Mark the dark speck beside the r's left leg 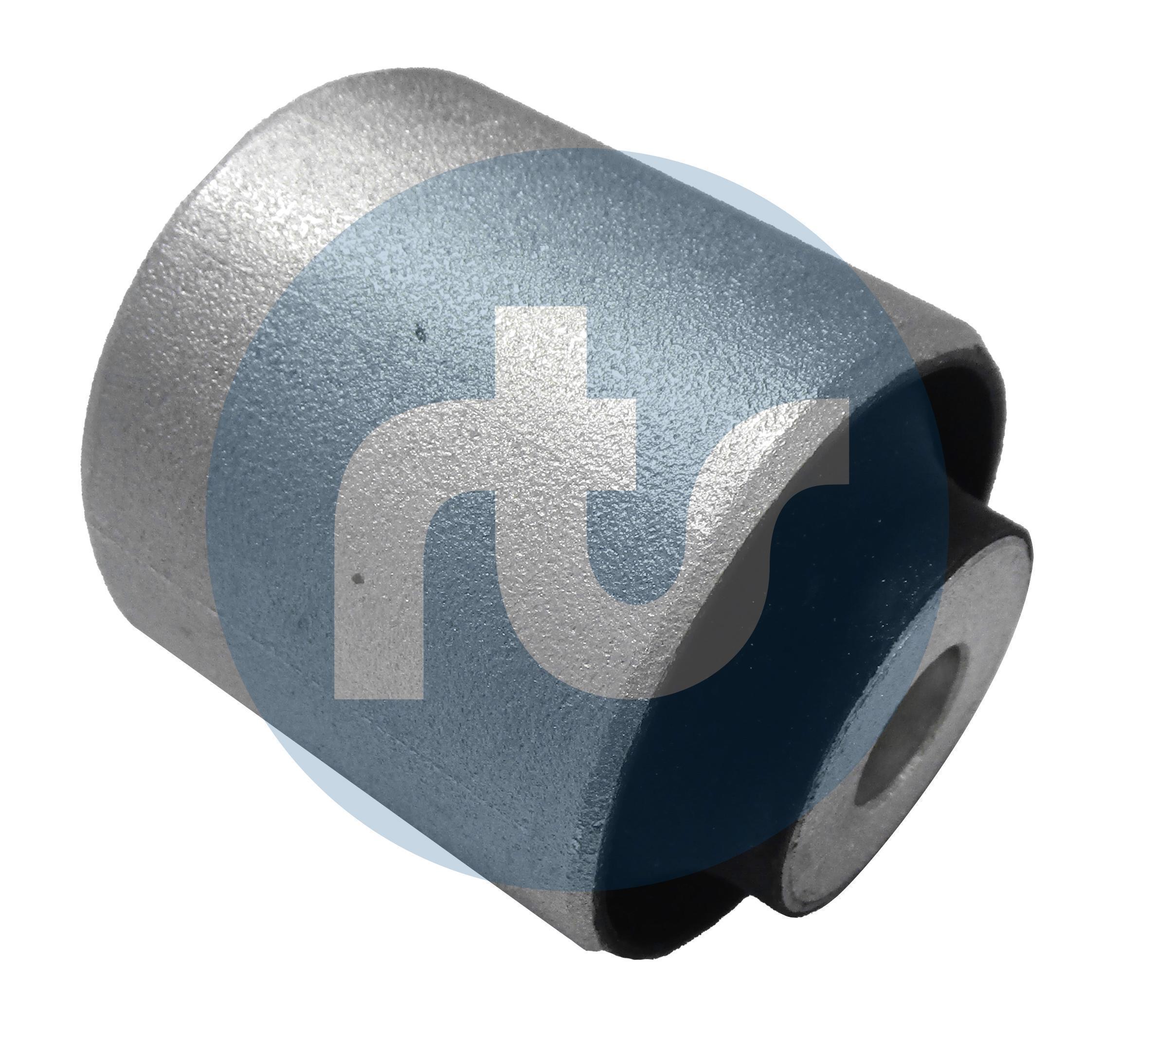[358, 580]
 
